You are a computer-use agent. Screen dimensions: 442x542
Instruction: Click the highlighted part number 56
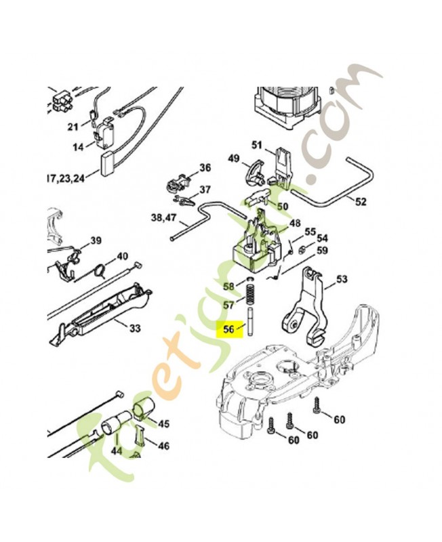[228, 329]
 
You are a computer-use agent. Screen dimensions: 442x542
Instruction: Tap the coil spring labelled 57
[249, 295]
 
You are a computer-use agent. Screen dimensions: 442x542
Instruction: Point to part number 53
[342, 279]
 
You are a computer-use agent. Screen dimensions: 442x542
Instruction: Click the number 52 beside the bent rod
[361, 201]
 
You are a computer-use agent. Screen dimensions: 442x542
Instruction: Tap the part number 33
[135, 328]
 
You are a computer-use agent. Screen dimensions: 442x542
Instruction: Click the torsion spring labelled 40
[100, 270]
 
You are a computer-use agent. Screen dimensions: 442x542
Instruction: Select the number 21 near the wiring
[73, 127]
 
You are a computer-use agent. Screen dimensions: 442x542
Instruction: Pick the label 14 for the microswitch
[78, 147]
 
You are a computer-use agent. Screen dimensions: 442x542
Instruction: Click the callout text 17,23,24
[65, 178]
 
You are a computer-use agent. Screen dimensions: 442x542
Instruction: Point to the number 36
[205, 168]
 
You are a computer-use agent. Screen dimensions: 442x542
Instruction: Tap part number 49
[234, 159]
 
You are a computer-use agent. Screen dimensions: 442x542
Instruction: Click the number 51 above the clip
[257, 145]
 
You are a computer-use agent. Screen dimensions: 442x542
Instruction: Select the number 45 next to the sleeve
[163, 423]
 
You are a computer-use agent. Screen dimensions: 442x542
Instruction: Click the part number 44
[116, 451]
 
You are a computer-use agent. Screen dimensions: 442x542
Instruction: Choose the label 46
[163, 446]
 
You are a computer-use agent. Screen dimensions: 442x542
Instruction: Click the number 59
[322, 250]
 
